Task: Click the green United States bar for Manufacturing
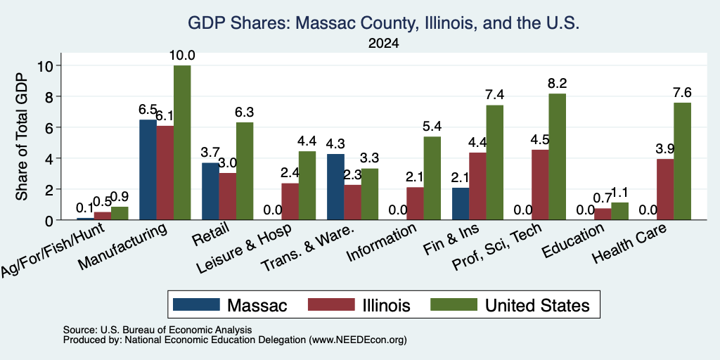tap(182, 142)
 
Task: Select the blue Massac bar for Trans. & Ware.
tap(335, 187)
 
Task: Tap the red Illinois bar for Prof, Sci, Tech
tap(541, 185)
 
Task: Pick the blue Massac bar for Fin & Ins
tap(461, 204)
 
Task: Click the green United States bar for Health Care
tap(682, 161)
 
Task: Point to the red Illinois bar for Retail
tap(227, 197)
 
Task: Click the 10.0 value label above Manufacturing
tap(182, 56)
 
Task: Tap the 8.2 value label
tap(558, 84)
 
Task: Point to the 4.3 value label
tap(335, 143)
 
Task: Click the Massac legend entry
tap(230, 305)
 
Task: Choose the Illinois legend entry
tap(359, 305)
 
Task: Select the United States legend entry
tap(510, 305)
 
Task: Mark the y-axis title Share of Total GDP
tap(22, 136)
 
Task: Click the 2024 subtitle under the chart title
tap(383, 44)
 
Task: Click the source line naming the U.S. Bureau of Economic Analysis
tap(157, 330)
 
